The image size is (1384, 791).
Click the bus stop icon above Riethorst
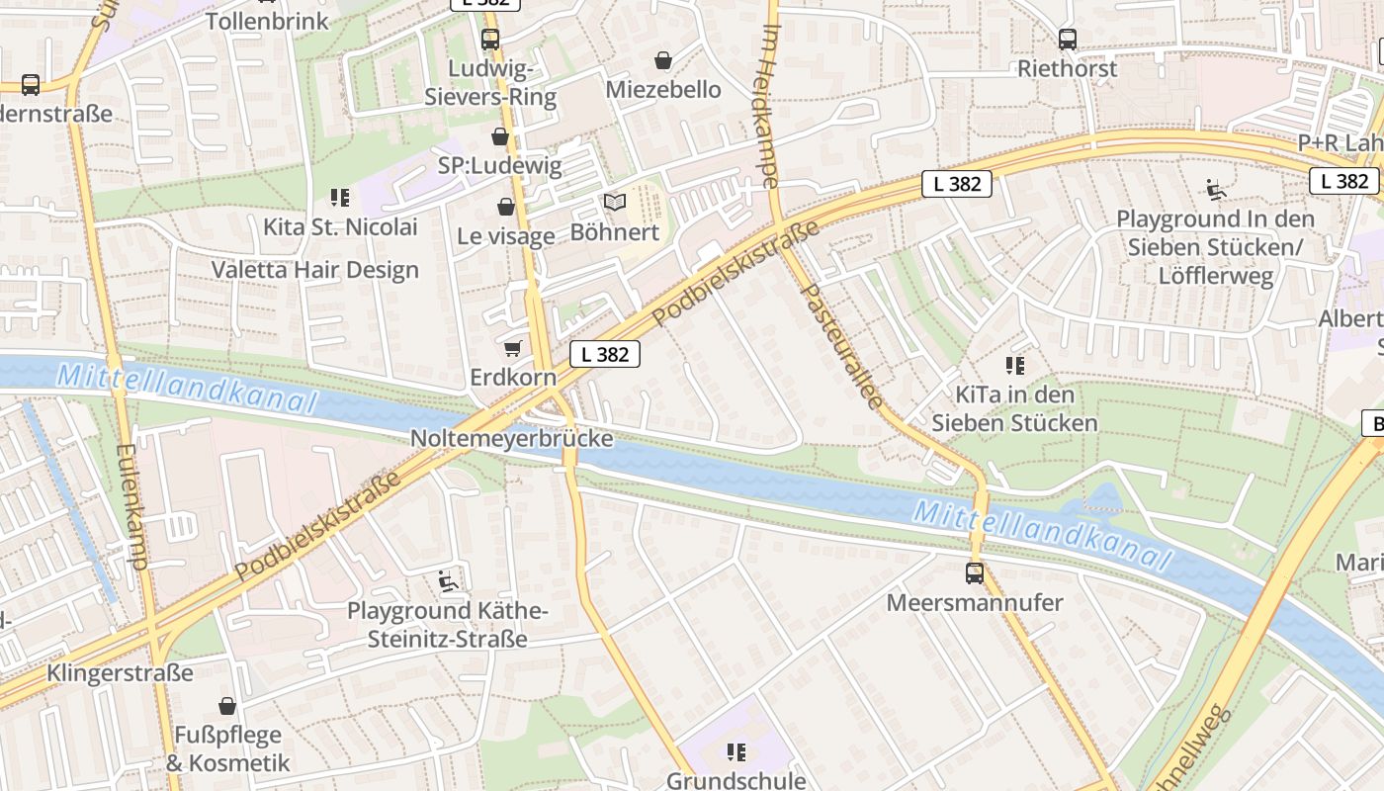click(1068, 40)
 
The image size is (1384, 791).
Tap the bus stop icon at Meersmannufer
click(975, 572)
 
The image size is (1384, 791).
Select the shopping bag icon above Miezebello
click(663, 60)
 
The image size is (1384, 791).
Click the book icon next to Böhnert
click(615, 203)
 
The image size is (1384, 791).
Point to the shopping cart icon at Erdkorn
click(512, 348)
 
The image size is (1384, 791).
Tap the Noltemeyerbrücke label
click(511, 438)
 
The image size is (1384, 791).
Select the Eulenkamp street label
click(130, 505)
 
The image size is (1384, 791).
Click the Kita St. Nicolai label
click(340, 226)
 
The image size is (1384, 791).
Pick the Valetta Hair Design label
click(314, 270)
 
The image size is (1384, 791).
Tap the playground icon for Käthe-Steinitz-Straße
click(448, 580)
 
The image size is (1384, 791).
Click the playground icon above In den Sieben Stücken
click(1216, 189)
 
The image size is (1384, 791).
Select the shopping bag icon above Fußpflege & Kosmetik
click(227, 706)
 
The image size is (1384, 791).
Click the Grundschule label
click(735, 780)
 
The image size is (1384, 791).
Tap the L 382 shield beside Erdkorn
click(605, 354)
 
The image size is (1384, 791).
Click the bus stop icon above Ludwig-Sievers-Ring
click(490, 40)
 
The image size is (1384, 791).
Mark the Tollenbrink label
click(267, 20)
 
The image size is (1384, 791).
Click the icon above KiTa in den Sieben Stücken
click(1014, 366)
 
